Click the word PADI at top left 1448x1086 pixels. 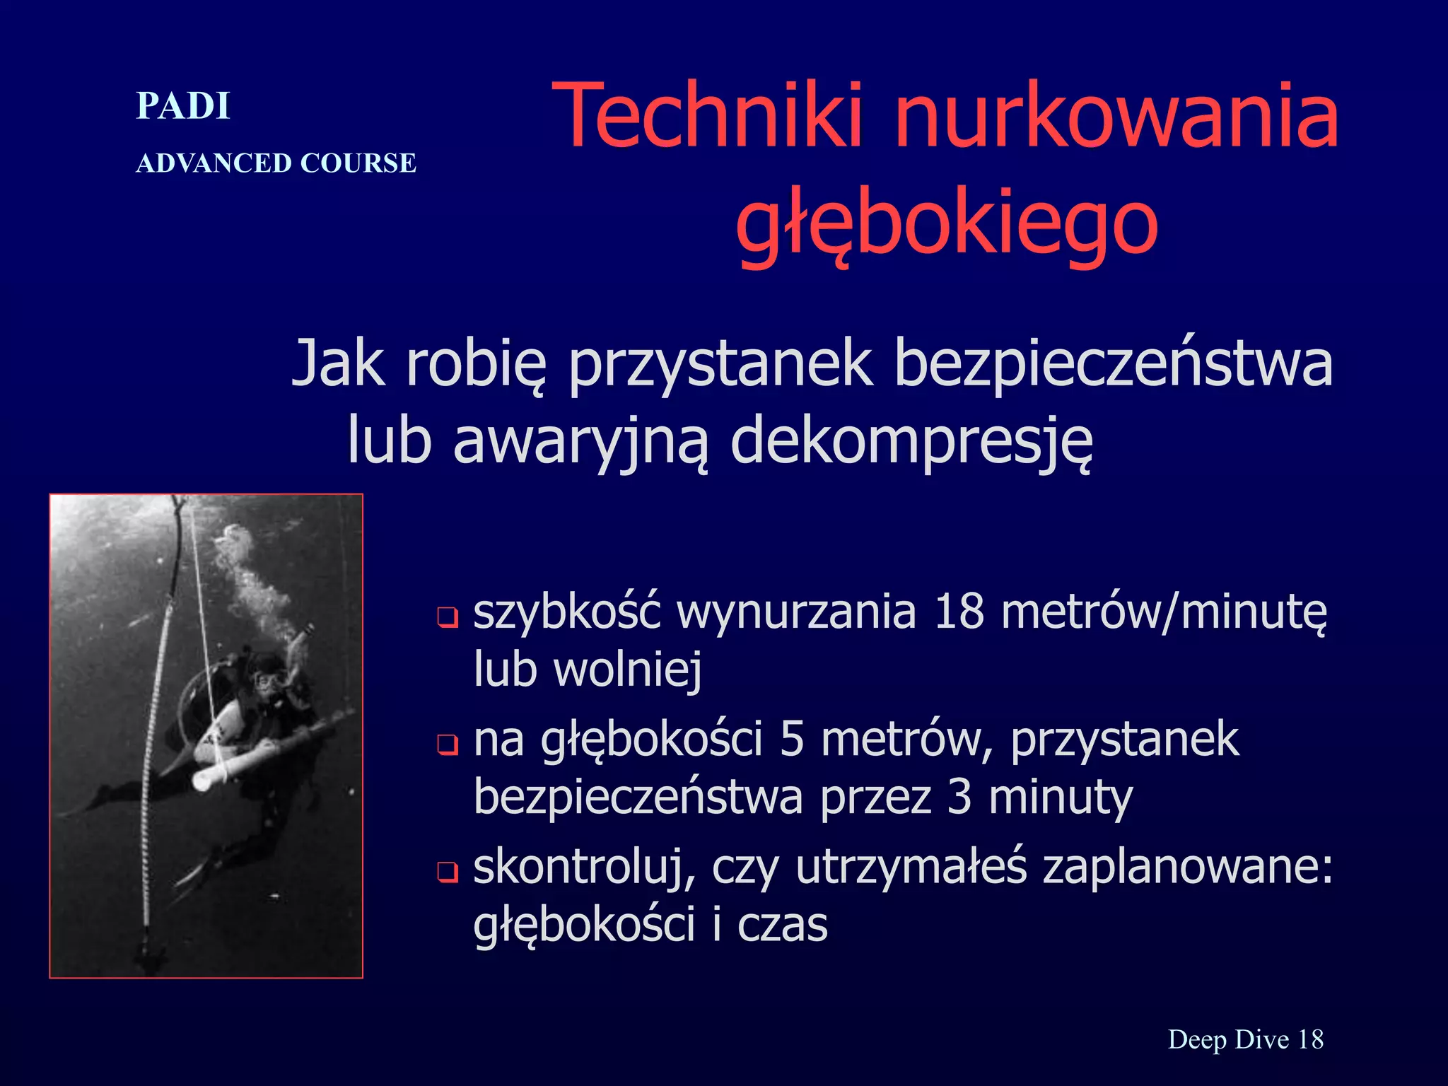[183, 107]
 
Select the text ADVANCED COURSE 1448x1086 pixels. [276, 163]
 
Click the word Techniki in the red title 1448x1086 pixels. [707, 117]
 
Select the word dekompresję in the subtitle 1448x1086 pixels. [912, 442]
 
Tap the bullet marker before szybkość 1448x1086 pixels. [448, 617]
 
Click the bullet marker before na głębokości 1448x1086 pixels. [448, 745]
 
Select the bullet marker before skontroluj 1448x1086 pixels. [448, 872]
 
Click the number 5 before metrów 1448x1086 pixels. [792, 740]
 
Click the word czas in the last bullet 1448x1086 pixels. [782, 926]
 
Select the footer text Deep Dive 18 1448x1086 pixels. [1245, 1039]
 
